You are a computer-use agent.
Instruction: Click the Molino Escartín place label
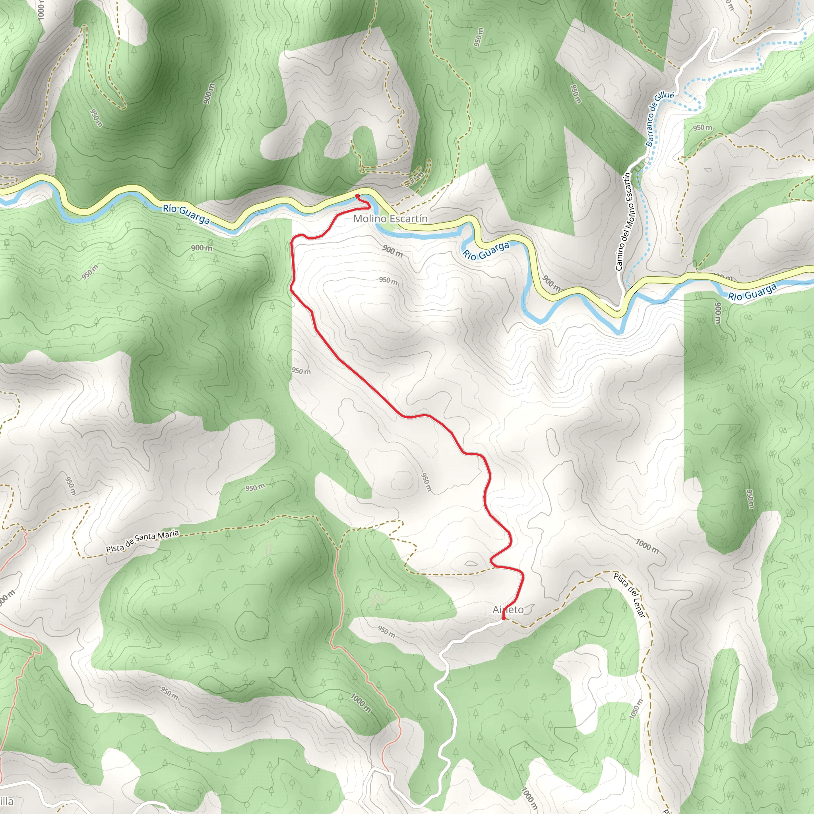click(x=390, y=219)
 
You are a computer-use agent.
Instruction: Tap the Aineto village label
click(x=508, y=610)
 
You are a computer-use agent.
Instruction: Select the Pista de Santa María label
click(x=142, y=541)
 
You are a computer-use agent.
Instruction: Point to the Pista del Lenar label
click(x=630, y=595)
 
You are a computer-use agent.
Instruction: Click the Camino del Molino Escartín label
click(x=624, y=222)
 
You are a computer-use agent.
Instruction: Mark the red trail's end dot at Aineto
click(x=504, y=618)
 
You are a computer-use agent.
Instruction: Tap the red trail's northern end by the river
click(x=357, y=196)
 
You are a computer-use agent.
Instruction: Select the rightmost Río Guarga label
click(x=752, y=292)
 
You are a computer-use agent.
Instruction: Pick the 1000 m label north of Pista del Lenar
click(x=647, y=546)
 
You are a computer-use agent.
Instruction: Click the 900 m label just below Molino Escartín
click(x=392, y=251)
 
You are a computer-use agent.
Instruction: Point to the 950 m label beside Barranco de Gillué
click(x=703, y=128)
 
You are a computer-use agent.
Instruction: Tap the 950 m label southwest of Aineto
click(x=386, y=631)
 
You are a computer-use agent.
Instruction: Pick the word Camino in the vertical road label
click(x=619, y=257)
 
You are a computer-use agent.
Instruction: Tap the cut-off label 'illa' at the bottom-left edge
click(x=7, y=801)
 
